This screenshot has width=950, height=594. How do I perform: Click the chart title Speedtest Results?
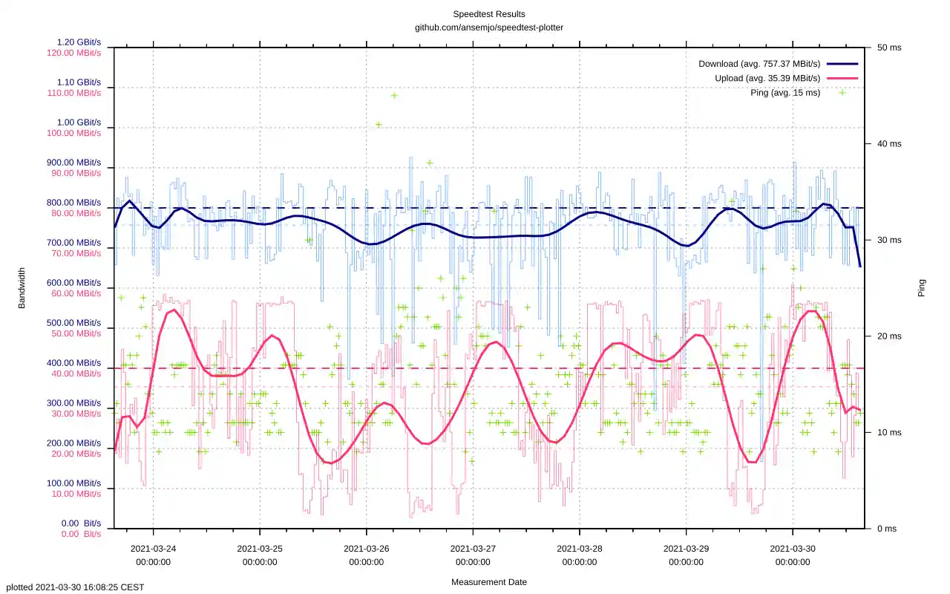488,14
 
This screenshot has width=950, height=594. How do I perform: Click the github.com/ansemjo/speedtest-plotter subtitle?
488,27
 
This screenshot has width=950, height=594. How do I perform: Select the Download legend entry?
759,64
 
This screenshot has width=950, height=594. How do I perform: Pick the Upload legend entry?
767,78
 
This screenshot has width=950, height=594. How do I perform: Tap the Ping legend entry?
785,93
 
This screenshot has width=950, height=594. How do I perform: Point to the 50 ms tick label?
889,48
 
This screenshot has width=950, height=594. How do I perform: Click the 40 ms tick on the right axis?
889,143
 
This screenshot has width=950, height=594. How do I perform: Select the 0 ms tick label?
887,529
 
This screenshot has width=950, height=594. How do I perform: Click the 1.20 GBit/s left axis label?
79,42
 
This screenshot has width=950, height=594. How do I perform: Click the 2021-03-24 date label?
153,549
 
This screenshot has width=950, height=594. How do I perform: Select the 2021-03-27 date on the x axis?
473,549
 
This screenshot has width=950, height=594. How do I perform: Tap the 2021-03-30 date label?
793,549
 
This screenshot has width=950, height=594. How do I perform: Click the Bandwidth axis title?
22,288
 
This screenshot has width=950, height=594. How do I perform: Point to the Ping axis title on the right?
922,288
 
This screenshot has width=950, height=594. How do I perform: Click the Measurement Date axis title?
488,582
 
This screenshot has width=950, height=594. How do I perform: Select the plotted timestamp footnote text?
75,587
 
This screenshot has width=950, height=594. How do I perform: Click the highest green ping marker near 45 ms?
394,95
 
